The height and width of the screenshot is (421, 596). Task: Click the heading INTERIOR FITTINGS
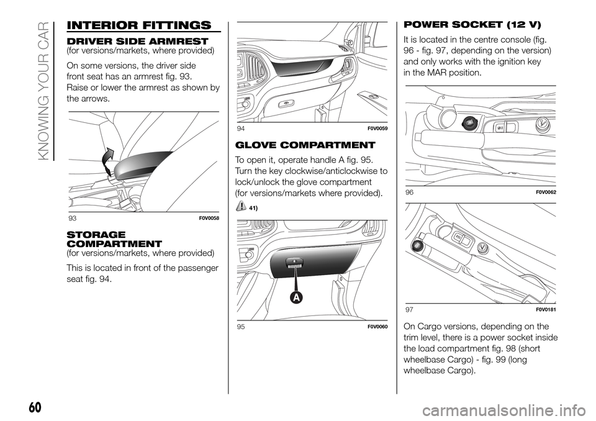138,25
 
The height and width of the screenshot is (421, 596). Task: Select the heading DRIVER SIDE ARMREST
137,41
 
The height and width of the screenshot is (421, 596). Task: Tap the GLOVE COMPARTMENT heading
305,145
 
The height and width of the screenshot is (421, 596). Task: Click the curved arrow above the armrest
108,160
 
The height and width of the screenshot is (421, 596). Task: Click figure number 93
72,218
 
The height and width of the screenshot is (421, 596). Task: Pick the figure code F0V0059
377,129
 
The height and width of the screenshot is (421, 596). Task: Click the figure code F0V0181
546,310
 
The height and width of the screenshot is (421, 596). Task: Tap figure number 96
409,192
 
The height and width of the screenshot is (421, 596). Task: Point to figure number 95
241,326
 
